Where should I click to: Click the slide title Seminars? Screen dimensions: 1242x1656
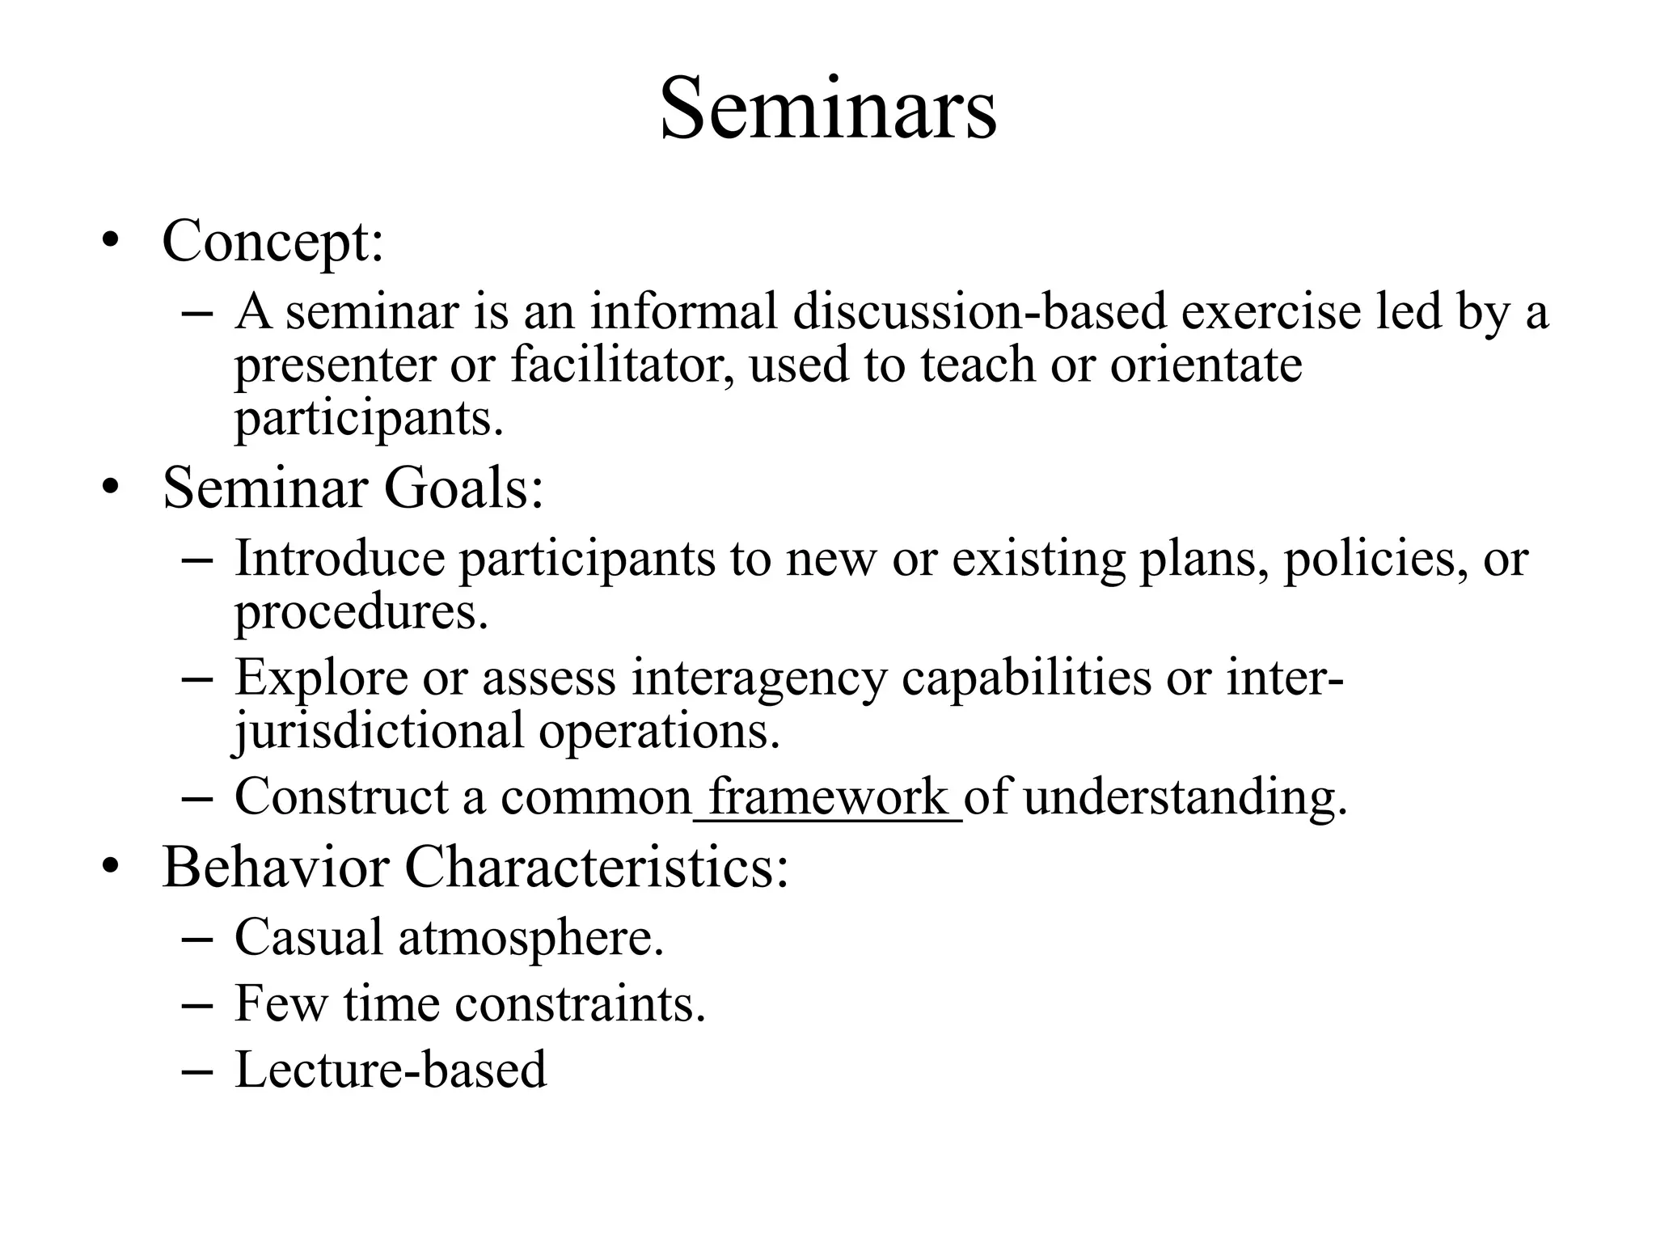coord(828,109)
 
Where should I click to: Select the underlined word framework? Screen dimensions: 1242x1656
coord(827,797)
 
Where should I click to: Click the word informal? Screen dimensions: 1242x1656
coord(683,311)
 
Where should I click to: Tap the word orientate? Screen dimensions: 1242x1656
coord(1206,365)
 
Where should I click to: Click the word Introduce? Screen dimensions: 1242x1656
coord(340,559)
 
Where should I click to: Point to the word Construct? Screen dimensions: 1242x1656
coord(340,797)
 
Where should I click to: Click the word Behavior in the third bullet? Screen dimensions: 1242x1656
coord(275,868)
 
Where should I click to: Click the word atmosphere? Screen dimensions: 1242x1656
coord(530,938)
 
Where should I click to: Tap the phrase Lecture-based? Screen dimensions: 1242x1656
coord(391,1070)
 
